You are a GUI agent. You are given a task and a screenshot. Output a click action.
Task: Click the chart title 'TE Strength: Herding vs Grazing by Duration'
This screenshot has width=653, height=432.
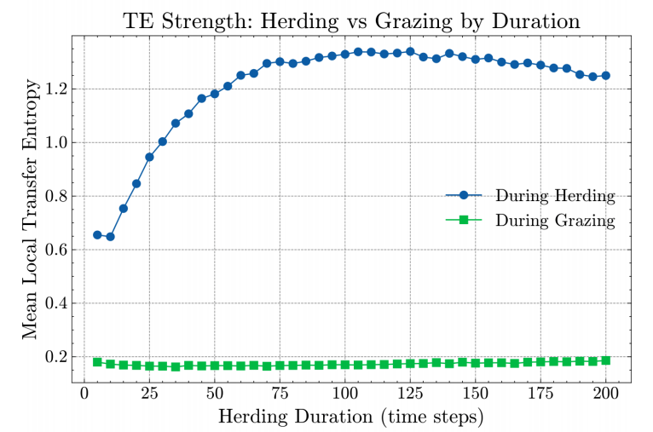[351, 21]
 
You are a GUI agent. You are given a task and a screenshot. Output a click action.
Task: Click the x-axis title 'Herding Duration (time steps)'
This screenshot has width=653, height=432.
[351, 416]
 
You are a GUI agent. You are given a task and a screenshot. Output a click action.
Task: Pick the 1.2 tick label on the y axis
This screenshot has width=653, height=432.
[55, 89]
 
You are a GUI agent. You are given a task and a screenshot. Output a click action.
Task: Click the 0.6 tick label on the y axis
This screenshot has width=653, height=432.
[55, 250]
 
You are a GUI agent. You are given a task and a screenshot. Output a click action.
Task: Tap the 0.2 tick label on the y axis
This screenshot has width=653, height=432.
[55, 357]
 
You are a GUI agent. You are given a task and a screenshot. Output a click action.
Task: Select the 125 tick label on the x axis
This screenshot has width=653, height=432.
[410, 393]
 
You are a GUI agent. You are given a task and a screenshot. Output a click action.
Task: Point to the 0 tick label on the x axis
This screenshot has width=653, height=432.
[84, 393]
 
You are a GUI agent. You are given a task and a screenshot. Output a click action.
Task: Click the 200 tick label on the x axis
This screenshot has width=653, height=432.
[605, 393]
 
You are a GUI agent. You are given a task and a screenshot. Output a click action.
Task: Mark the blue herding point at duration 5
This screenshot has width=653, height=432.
[97, 235]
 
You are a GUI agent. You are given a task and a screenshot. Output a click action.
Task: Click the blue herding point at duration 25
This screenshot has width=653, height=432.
[149, 157]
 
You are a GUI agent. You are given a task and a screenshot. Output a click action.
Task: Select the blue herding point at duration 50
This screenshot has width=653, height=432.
[215, 94]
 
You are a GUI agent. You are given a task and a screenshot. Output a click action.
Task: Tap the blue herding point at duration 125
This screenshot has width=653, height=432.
[410, 52]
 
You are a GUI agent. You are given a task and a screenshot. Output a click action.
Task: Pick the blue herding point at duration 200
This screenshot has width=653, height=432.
[605, 75]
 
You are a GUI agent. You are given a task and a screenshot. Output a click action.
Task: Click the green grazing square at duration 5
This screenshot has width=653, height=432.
[97, 361]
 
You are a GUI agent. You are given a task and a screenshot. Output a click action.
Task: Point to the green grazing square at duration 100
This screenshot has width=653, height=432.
[345, 365]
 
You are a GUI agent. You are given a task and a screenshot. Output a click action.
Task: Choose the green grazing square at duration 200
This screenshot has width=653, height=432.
[605, 360]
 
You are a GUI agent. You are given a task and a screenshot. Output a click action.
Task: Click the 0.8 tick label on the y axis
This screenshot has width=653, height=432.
[55, 196]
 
